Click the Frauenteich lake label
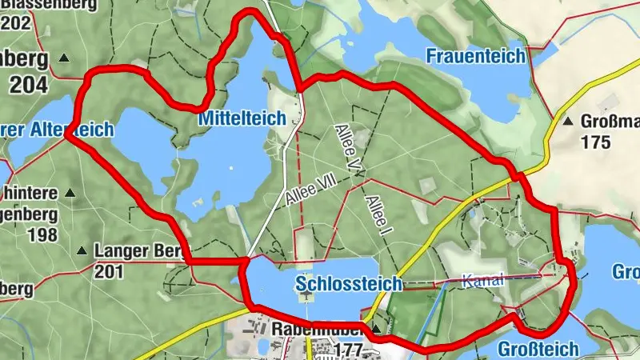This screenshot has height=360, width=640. click(475, 56)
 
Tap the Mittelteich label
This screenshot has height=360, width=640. click(241, 118)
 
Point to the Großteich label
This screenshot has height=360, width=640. click(538, 349)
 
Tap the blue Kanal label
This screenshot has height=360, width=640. click(483, 280)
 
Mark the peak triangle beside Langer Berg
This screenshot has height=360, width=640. click(82, 250)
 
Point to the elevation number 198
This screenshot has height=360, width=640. click(42, 234)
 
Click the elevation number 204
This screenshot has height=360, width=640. click(30, 84)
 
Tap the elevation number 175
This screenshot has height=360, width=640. click(597, 143)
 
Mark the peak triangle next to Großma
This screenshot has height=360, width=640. click(567, 122)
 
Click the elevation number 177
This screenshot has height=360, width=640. click(350, 350)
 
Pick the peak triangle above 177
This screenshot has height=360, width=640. click(376, 327)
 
